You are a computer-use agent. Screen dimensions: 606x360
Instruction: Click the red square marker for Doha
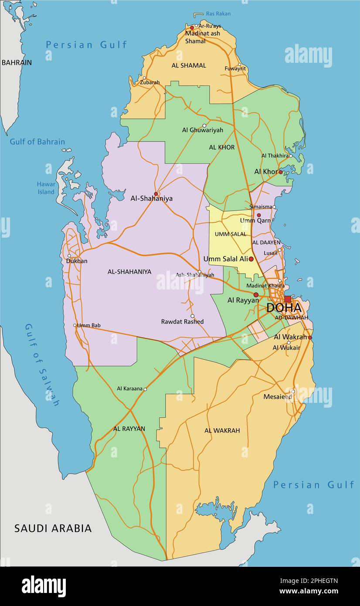[x=288, y=299]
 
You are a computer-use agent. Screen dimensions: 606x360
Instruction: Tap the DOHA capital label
[x=284, y=308]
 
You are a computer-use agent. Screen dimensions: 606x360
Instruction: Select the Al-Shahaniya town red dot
[x=156, y=194]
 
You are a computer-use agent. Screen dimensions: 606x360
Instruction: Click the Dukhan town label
[x=77, y=261]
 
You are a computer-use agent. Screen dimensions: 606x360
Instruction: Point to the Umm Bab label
[x=89, y=325]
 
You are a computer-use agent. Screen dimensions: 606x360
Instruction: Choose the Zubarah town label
[x=149, y=82]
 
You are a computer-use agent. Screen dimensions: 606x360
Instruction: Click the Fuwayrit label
[x=235, y=68]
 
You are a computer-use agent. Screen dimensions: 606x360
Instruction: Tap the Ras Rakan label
[x=218, y=14]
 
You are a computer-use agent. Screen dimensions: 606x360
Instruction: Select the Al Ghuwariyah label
[x=202, y=130]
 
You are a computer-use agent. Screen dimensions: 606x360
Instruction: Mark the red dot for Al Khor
[x=280, y=172]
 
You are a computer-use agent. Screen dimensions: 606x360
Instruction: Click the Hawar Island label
[x=46, y=188]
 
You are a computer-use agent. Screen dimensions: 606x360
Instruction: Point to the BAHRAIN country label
[x=17, y=62]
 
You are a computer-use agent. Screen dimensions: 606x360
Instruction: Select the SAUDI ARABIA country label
[x=53, y=528]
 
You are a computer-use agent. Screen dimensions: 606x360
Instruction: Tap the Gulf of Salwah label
[x=42, y=365]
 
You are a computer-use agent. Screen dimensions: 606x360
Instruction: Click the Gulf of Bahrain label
[x=37, y=142]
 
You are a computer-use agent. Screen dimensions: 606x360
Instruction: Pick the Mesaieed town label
[x=278, y=397]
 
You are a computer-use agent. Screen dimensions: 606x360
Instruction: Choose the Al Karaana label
[x=129, y=388]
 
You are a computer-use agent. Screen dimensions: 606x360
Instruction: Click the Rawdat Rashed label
[x=182, y=322]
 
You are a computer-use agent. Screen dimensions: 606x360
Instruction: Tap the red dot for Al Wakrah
[x=310, y=337]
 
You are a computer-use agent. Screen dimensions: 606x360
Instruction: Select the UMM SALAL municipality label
[x=230, y=234]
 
